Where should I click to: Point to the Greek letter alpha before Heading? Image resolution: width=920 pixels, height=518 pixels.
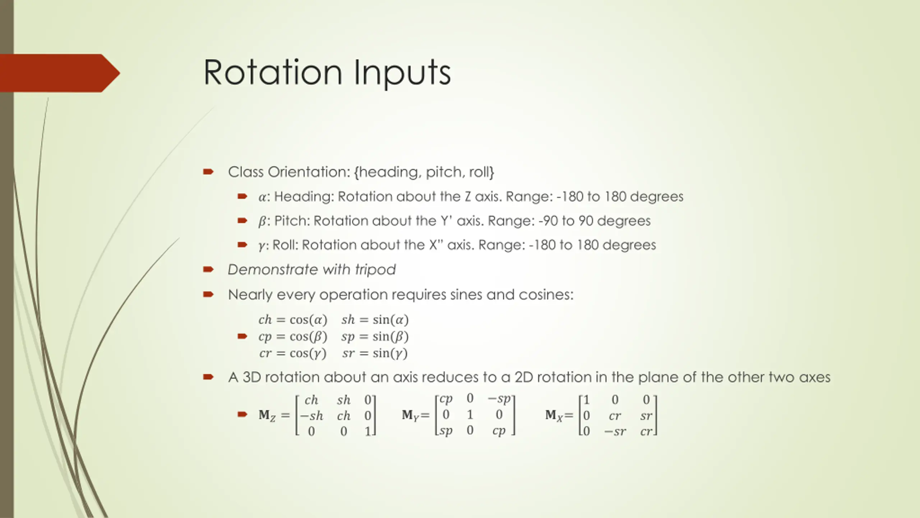point(262,197)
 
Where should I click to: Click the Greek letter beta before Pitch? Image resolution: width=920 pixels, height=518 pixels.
point(262,221)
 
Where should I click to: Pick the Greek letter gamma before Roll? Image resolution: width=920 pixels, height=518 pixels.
point(262,246)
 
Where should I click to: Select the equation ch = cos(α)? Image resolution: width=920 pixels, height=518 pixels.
point(293,319)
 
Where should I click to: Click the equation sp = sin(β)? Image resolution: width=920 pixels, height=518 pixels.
point(375,336)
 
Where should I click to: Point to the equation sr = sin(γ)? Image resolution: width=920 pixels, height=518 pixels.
point(375,353)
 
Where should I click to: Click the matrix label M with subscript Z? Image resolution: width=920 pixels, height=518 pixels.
point(267,415)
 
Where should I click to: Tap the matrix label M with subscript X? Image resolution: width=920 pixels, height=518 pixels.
point(554,415)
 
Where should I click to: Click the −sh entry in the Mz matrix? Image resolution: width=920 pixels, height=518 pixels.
point(312,416)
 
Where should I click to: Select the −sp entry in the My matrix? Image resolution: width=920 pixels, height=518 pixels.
point(499,399)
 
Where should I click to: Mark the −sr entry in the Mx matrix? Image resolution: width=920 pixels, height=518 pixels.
point(615,431)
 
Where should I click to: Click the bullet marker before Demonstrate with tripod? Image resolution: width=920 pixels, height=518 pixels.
point(208,269)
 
